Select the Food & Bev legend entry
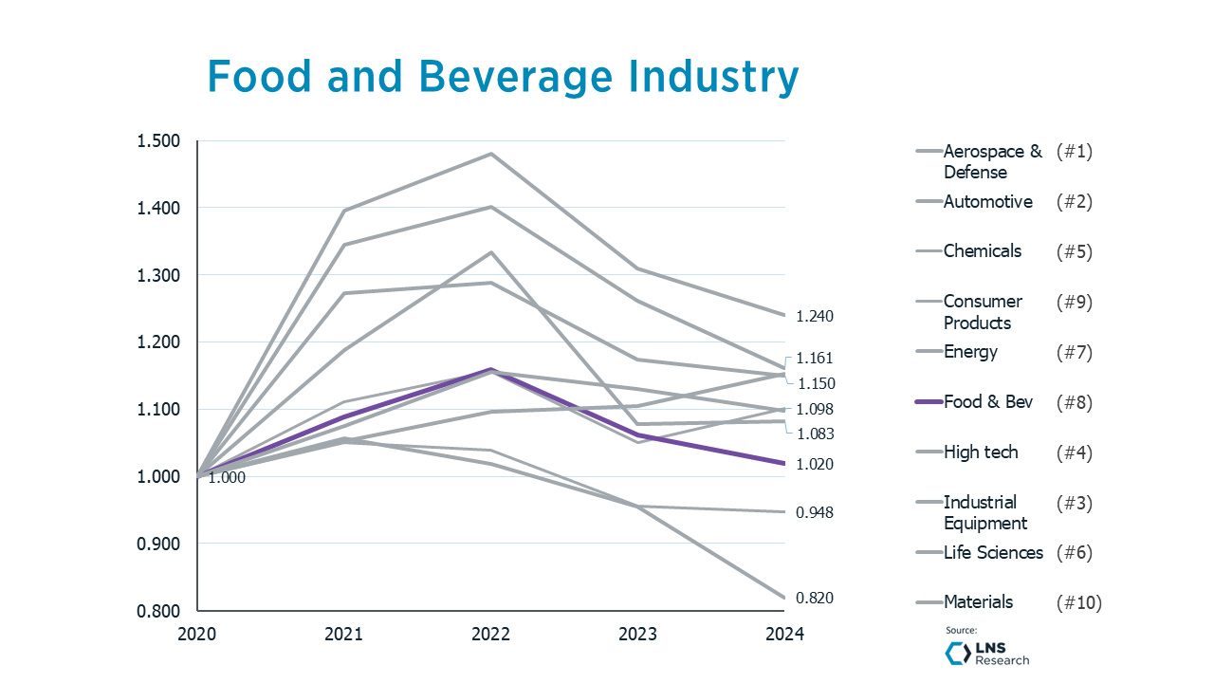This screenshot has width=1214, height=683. pos(987,402)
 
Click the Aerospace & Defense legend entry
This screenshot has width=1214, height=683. pos(992,161)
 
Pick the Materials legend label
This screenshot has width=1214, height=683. pos(978,602)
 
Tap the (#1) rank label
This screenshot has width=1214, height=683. pos(1075,152)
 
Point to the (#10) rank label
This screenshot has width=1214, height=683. pos(1078,602)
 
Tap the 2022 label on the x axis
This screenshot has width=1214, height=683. pos(491,635)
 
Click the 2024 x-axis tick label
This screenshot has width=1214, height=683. pos(784,635)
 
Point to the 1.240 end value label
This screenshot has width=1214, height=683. pos(814,316)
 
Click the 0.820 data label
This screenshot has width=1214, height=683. pos(814,598)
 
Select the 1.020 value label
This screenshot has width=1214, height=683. pos(814,464)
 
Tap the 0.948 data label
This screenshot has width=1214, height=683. pos(814,512)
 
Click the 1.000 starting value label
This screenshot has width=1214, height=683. pos(227,478)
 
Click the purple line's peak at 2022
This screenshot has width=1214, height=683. pos(491,369)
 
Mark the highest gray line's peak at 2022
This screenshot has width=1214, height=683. pos(491,154)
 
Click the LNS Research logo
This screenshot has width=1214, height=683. pos(987,654)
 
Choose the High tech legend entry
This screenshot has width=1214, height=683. pos(980,452)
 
